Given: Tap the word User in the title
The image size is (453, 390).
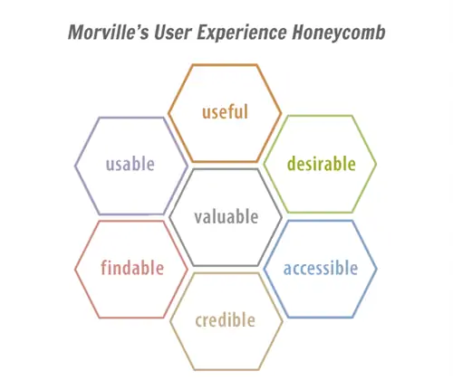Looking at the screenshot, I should tap(178, 33).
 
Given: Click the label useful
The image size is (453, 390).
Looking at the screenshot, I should tap(225, 112).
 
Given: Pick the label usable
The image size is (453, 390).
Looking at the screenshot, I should tap(130, 165).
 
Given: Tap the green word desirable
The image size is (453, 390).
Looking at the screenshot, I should tap(320, 165).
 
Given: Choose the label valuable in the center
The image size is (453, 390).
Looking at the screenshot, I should tap(226, 217).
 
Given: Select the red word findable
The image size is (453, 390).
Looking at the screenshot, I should tap(132, 268).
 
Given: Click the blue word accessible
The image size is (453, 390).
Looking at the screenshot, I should tap(320, 268).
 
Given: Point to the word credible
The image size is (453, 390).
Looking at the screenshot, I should tap(226, 320).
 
